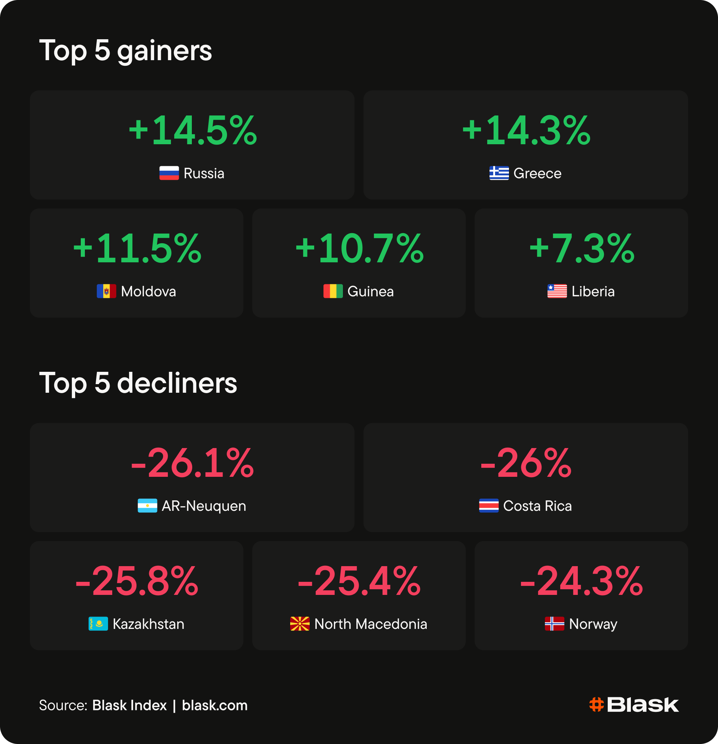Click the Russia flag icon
point(169,173)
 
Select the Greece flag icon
point(499,173)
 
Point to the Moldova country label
point(148,291)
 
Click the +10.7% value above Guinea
point(359,248)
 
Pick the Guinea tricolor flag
point(333,291)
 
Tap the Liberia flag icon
point(557,291)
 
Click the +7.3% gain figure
point(582,248)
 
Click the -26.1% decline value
point(192,463)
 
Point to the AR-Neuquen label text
point(204,506)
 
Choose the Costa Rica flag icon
point(488,506)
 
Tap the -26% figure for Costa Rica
point(526,463)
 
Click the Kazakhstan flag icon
point(98,624)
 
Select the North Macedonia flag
point(300,624)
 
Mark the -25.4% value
point(359,581)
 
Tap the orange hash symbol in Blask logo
point(596,705)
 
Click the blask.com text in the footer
point(215,705)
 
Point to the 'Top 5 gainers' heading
point(126,51)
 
